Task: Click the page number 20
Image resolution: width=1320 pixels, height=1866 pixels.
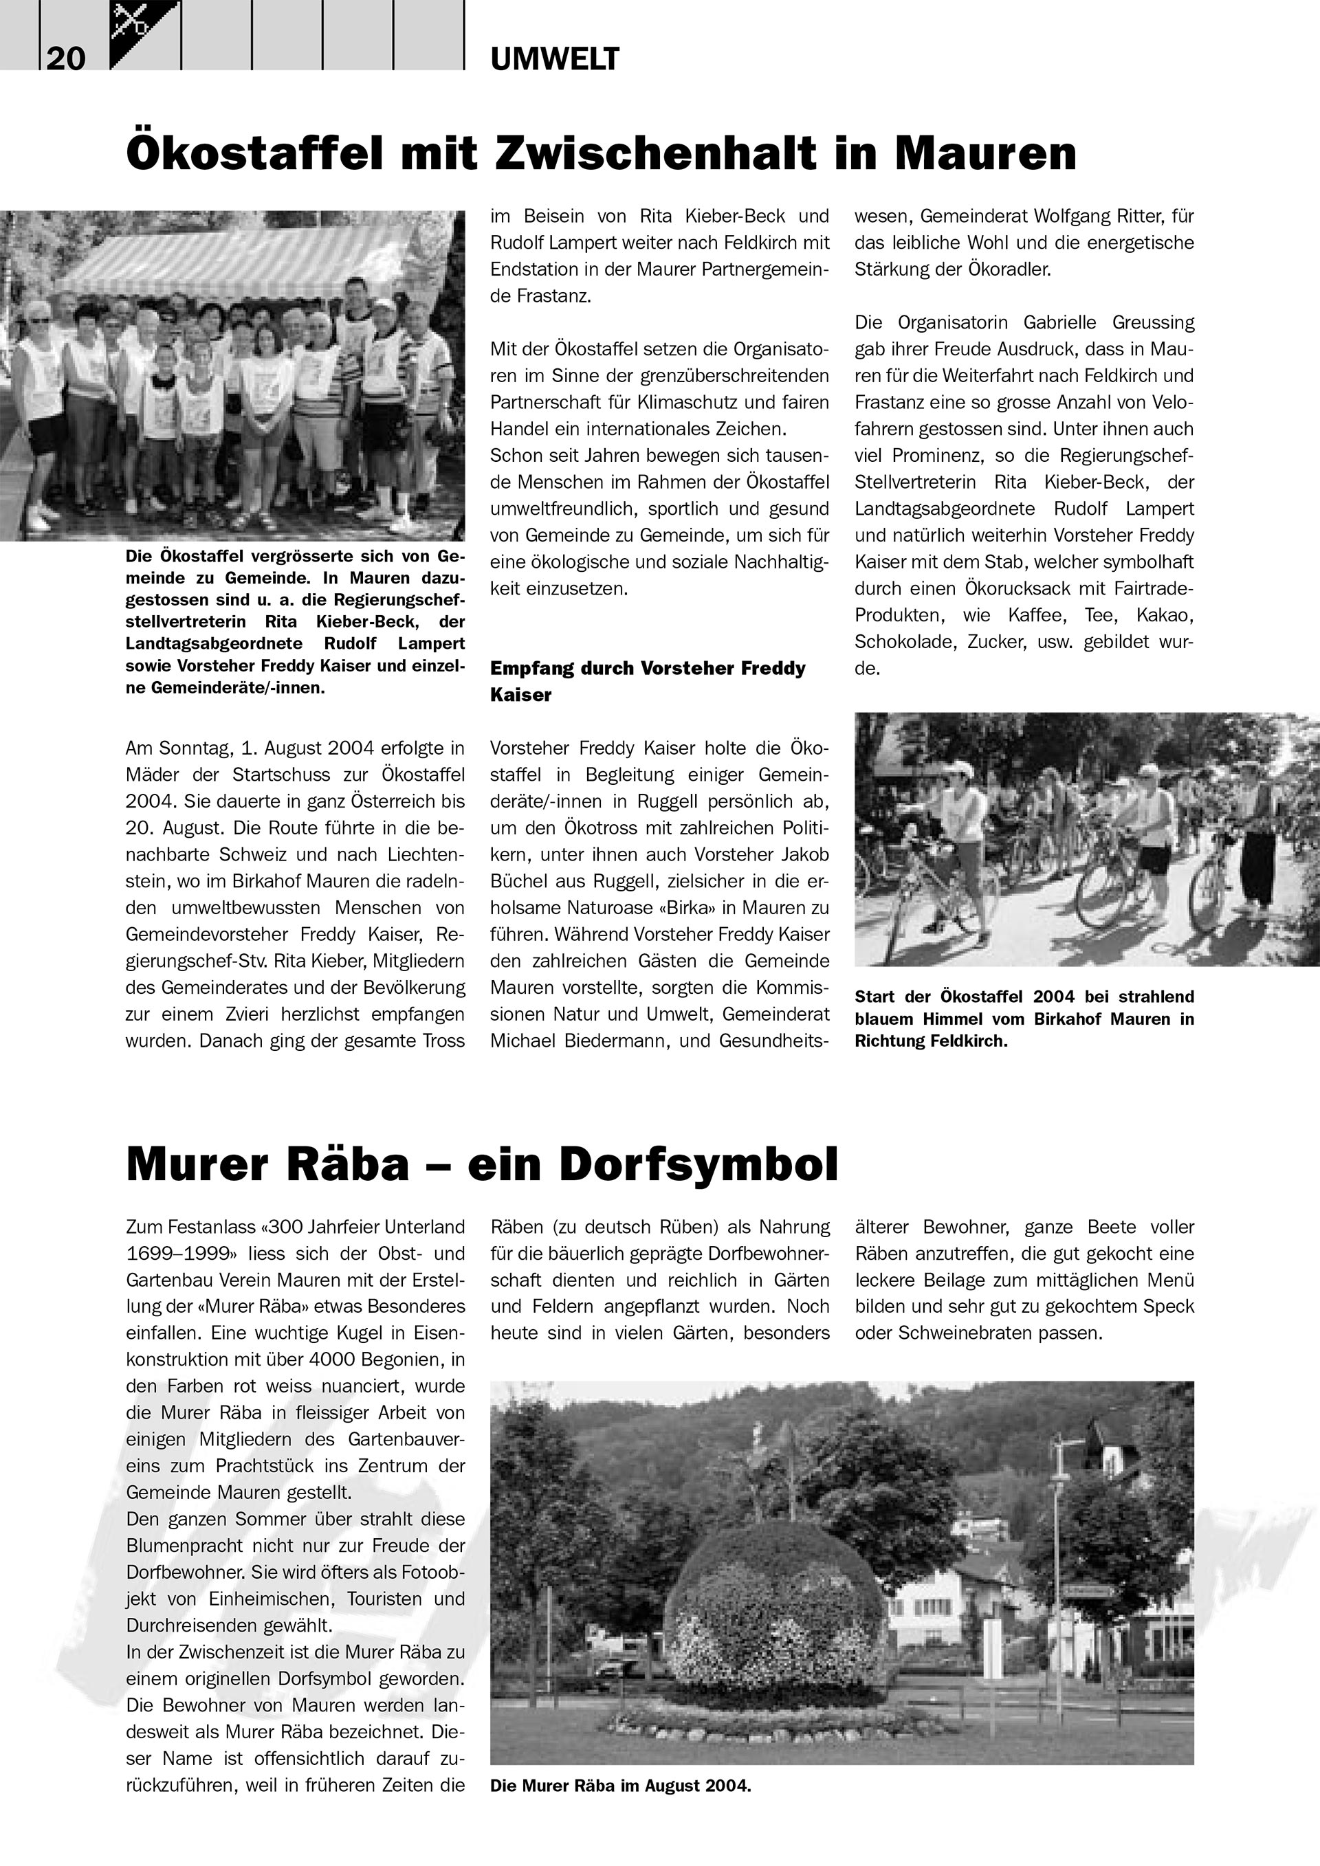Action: click(x=66, y=58)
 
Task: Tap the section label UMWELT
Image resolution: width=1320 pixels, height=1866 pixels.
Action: click(x=555, y=59)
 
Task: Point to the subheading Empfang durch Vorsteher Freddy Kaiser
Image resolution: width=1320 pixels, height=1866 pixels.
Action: click(x=647, y=681)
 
